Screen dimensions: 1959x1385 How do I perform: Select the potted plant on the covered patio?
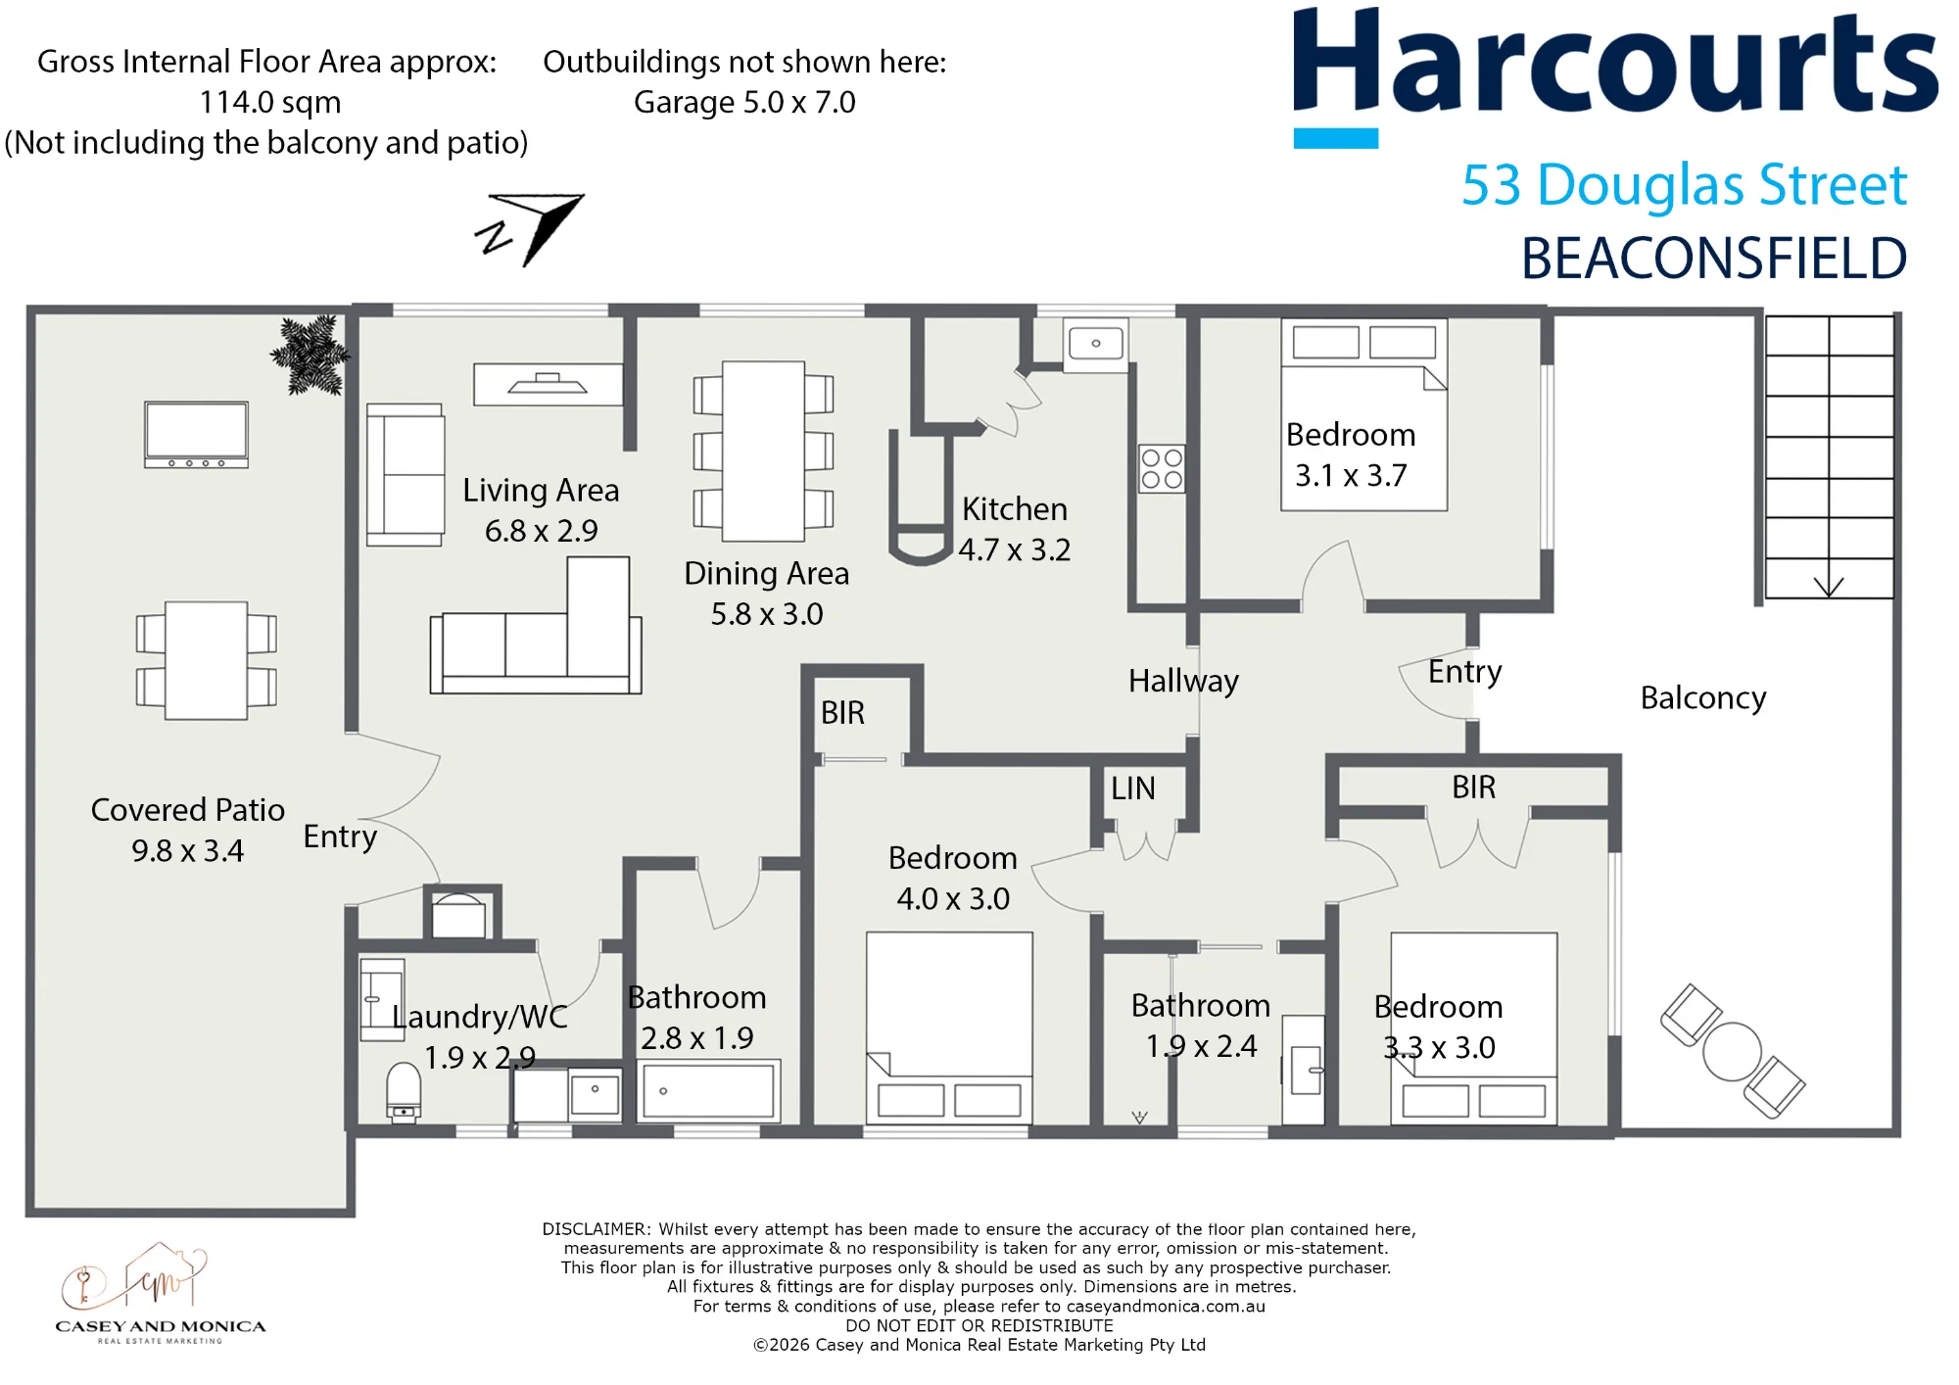(x=311, y=355)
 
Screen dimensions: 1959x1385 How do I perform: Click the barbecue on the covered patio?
(x=196, y=435)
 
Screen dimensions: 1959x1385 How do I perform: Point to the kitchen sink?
(x=1096, y=344)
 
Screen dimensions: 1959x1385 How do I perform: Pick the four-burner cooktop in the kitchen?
(x=1162, y=468)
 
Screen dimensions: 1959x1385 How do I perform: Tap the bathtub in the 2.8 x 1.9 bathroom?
(x=708, y=1090)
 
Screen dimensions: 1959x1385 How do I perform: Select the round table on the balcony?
(x=1732, y=1051)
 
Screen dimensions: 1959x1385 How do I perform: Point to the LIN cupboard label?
(x=1133, y=788)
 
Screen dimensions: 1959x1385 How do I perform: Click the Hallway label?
(x=1183, y=681)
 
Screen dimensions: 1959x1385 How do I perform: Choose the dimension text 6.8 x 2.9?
(x=541, y=531)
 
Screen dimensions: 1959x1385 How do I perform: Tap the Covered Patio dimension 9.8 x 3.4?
(x=188, y=850)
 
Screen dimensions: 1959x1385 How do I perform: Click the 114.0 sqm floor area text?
(x=270, y=102)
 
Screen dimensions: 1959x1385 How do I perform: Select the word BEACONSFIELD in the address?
(x=1714, y=258)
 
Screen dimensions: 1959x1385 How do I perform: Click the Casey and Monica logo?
(x=161, y=1293)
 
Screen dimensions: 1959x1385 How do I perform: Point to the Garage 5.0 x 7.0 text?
(x=744, y=102)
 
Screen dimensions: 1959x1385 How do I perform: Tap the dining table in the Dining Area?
(x=764, y=452)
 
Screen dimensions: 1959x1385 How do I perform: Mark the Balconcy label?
(x=1703, y=698)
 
